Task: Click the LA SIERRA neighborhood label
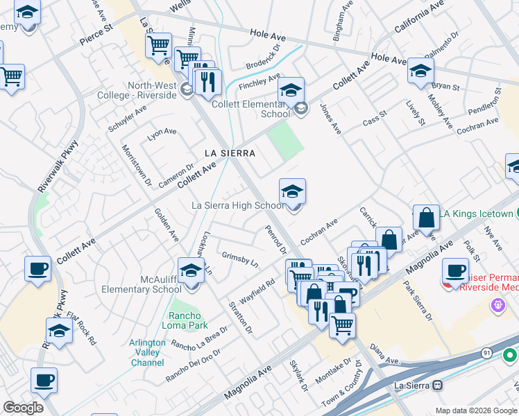pyautogui.click(x=230, y=153)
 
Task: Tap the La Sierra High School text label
pyautogui.click(x=238, y=205)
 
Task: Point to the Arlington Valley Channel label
pyautogui.click(x=147, y=353)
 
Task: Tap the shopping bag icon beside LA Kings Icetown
pyautogui.click(x=426, y=218)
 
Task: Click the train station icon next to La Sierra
pyautogui.click(x=438, y=385)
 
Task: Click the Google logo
pyautogui.click(x=23, y=408)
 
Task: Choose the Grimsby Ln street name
pyautogui.click(x=240, y=260)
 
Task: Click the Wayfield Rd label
pyautogui.click(x=259, y=287)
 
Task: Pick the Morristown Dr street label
pyautogui.click(x=137, y=166)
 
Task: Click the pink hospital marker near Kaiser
pyautogui.click(x=497, y=304)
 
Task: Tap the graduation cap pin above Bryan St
pyautogui.click(x=420, y=71)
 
